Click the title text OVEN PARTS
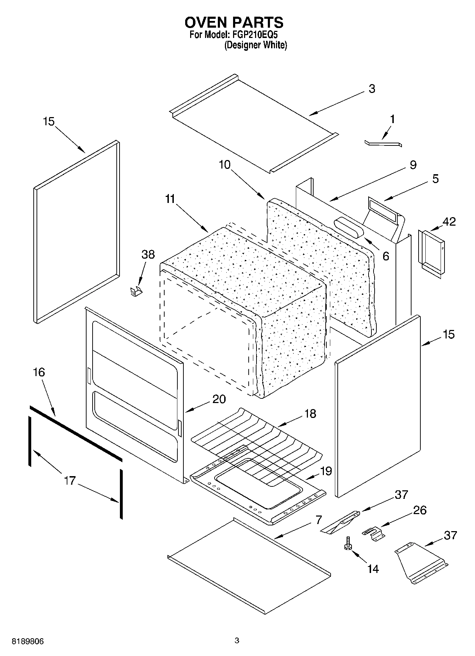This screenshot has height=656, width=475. [234, 22]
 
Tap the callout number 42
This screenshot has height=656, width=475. [449, 221]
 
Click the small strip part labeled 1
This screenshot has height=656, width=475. [383, 143]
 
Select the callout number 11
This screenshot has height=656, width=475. [170, 199]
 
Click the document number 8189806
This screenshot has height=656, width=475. [28, 641]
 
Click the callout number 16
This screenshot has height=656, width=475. [39, 372]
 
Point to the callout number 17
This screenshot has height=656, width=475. [70, 481]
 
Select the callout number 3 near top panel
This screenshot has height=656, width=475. [371, 89]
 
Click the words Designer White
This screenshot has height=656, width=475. [255, 45]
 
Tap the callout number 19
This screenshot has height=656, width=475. [326, 471]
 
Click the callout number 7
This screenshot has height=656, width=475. [318, 520]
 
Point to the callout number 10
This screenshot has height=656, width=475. [225, 165]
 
